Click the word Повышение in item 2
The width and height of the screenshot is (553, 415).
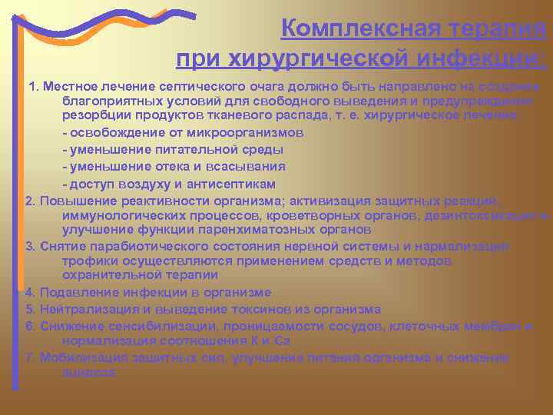pyautogui.click(x=71, y=201)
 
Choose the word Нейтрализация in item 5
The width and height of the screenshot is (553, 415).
pyautogui.click(x=86, y=309)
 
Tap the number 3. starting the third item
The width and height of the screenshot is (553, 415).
pyautogui.click(x=31, y=246)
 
